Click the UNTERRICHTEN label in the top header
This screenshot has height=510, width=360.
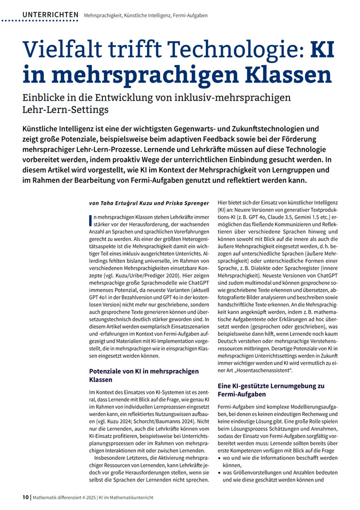[x=50, y=15]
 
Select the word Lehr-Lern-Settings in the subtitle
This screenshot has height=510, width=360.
[x=65, y=109]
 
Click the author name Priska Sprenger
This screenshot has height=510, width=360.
[x=177, y=203]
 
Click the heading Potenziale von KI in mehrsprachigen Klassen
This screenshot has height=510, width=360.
[x=143, y=375]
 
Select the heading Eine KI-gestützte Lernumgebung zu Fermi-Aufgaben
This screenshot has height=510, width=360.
[x=271, y=390]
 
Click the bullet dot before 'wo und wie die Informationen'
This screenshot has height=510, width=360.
[x=220, y=458]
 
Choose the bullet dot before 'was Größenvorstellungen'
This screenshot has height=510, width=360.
[x=220, y=472]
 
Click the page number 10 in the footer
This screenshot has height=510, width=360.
[x=25, y=497]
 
